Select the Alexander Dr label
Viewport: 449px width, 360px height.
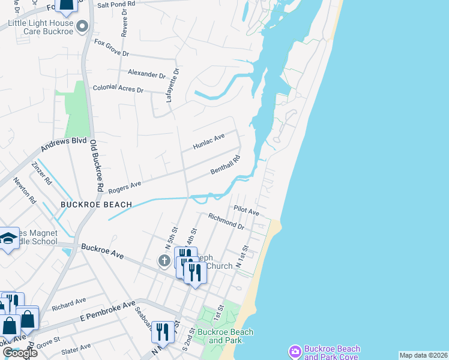[146, 74]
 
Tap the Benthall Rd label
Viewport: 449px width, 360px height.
[225, 166]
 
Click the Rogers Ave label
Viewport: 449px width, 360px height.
[125, 186]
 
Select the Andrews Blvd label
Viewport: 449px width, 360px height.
[64, 145]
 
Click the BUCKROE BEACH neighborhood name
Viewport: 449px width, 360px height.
[96, 205]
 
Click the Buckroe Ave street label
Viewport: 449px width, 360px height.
[102, 251]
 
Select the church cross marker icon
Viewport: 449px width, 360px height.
[164, 260]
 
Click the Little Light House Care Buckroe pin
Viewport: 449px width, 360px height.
[83, 26]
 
